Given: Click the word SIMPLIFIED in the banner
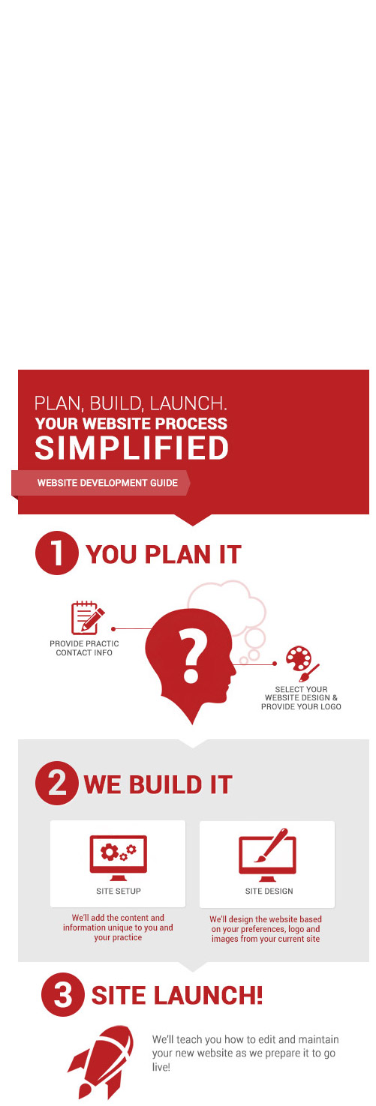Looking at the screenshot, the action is (x=131, y=448).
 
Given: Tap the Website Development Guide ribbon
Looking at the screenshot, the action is (x=101, y=483).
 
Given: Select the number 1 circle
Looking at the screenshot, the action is (x=57, y=553).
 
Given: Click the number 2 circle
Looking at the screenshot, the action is (x=57, y=783).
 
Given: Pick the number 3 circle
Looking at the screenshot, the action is (x=63, y=994).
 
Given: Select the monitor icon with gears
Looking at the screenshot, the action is (x=118, y=858).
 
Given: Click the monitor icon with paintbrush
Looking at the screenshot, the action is (x=267, y=855).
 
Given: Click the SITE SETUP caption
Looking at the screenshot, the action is (x=119, y=891).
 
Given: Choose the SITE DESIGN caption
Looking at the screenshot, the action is (x=269, y=891).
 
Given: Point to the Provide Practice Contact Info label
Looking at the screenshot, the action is (x=84, y=648).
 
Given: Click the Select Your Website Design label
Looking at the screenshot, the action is (x=302, y=697).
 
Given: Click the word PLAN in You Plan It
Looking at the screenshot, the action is (x=177, y=554).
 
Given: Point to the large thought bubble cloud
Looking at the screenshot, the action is (x=227, y=602).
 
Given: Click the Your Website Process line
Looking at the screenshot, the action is (x=131, y=423).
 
